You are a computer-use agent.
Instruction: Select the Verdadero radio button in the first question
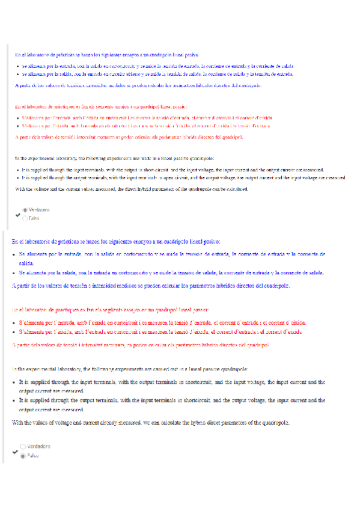click(x=25, y=210)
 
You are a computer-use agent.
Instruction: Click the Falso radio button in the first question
click(x=25, y=218)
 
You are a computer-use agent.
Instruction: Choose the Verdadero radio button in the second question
click(x=23, y=447)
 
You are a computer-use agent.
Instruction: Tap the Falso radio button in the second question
click(x=23, y=456)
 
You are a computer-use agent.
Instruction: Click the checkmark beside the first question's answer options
click(x=17, y=214)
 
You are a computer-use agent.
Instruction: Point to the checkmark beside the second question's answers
click(x=16, y=451)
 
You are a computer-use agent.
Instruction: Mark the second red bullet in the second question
click(x=14, y=331)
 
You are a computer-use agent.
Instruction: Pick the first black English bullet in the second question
click(x=14, y=382)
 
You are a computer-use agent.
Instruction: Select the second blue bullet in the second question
click(x=14, y=273)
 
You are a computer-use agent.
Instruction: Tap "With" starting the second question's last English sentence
click(x=18, y=422)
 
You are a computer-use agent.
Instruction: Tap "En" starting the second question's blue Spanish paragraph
click(x=15, y=241)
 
